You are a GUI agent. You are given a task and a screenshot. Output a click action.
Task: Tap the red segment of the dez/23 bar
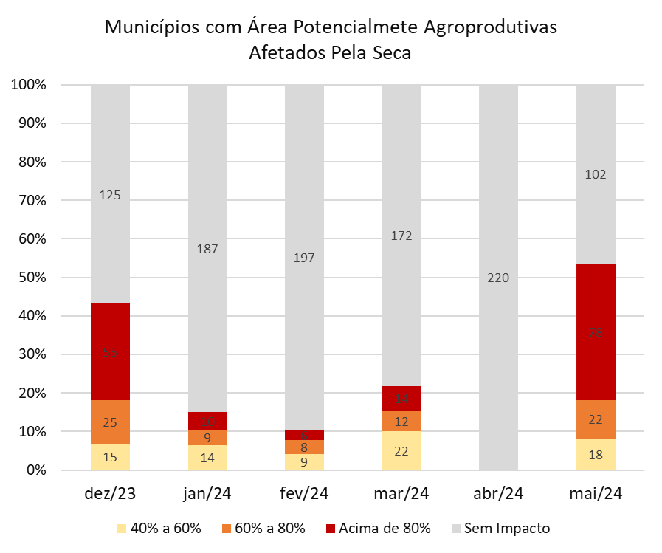click(x=110, y=351)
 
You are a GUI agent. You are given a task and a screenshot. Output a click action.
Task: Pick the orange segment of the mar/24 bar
click(x=401, y=421)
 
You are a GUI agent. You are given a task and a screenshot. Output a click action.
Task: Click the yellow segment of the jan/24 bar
click(x=207, y=457)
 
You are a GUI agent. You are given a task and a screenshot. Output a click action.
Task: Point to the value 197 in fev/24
click(x=304, y=258)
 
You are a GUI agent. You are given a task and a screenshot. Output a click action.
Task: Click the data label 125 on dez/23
click(x=110, y=196)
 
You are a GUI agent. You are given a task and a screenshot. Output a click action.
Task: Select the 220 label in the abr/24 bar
click(x=498, y=278)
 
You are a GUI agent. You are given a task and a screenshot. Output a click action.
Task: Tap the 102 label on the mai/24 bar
click(x=596, y=175)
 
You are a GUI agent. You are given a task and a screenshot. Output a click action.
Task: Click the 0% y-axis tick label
click(x=35, y=470)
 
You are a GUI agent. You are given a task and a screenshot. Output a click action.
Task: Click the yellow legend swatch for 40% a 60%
click(x=123, y=529)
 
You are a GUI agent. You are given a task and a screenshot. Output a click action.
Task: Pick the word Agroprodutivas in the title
click(x=490, y=28)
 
